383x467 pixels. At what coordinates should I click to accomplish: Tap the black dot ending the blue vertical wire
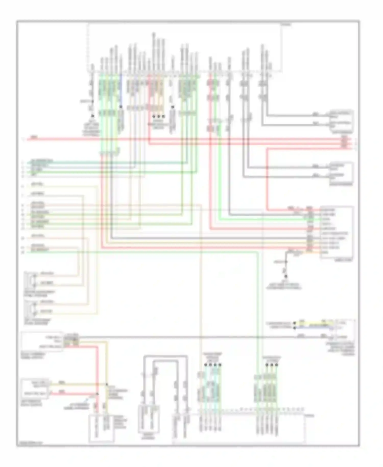[x=121, y=107]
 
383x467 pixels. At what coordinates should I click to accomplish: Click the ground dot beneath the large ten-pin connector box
[x=286, y=276]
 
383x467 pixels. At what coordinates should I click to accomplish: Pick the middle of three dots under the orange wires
[x=159, y=116]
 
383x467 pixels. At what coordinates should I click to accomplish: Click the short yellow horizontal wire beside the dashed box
[x=314, y=323]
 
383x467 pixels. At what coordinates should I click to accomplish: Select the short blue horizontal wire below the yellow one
[x=314, y=327]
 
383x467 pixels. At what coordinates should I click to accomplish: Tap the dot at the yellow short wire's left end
[x=295, y=323]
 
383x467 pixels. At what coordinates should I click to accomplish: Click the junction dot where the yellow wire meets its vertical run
[x=107, y=384]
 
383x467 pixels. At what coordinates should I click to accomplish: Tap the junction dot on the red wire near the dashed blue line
[x=97, y=394]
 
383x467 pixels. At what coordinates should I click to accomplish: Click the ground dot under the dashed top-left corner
[x=92, y=116]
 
